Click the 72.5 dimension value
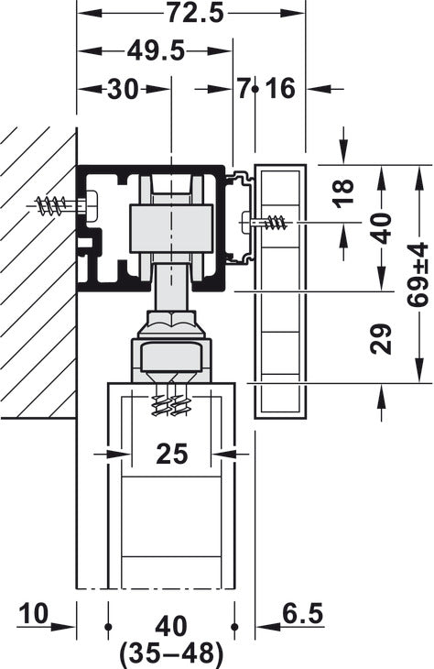(195, 13)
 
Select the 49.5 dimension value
(156, 51)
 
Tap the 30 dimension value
(123, 90)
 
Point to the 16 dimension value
(280, 89)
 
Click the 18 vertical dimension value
(344, 192)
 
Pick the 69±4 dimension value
(418, 274)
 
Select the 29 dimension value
(380, 339)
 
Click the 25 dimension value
(172, 453)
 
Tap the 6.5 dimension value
(303, 613)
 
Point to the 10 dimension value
(34, 613)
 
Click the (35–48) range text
(171, 653)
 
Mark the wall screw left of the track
(63, 205)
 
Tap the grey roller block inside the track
(171, 229)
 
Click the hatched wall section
(38, 272)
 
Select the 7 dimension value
(244, 89)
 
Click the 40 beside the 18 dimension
(381, 228)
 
